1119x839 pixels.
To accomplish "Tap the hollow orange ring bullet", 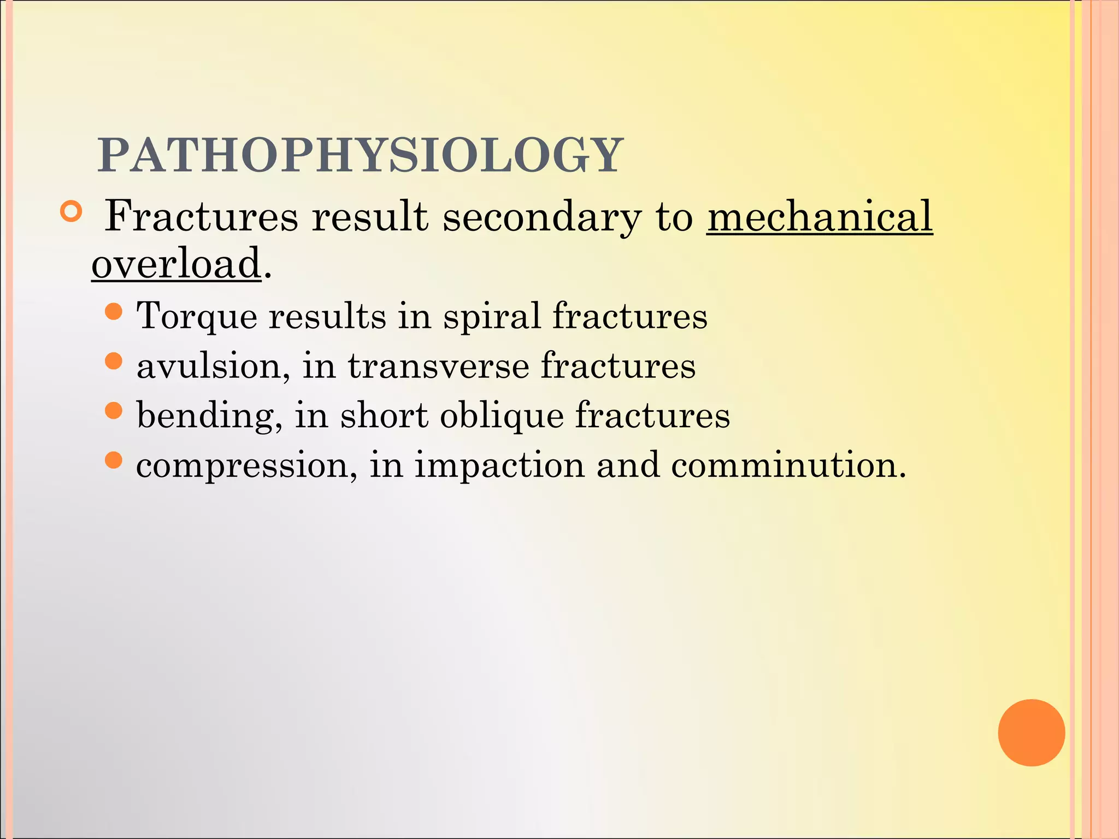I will click(70, 212).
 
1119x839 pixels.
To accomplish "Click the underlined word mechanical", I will click(819, 216).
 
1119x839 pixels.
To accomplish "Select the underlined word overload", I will click(176, 263).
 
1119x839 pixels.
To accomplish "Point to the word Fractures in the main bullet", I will click(201, 216).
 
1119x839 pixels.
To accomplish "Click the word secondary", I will click(541, 217).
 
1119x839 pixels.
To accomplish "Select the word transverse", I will click(438, 366).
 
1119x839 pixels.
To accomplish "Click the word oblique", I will click(502, 416).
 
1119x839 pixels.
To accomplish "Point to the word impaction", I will click(499, 466).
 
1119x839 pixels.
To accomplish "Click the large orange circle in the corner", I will click(1031, 732).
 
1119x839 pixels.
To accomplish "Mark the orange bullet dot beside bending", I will click(113, 410).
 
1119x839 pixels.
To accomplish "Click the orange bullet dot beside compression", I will click(113, 460).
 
